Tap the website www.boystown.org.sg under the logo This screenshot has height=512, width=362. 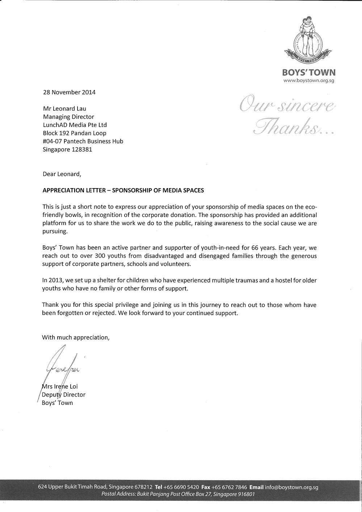[308, 80]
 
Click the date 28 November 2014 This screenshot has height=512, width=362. [69, 92]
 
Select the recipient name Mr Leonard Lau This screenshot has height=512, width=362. [65, 108]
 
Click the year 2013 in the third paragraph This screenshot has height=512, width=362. [54, 280]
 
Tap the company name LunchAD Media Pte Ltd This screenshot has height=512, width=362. [75, 125]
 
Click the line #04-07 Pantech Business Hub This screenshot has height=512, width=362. [83, 141]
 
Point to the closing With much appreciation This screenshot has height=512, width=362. [76, 337]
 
